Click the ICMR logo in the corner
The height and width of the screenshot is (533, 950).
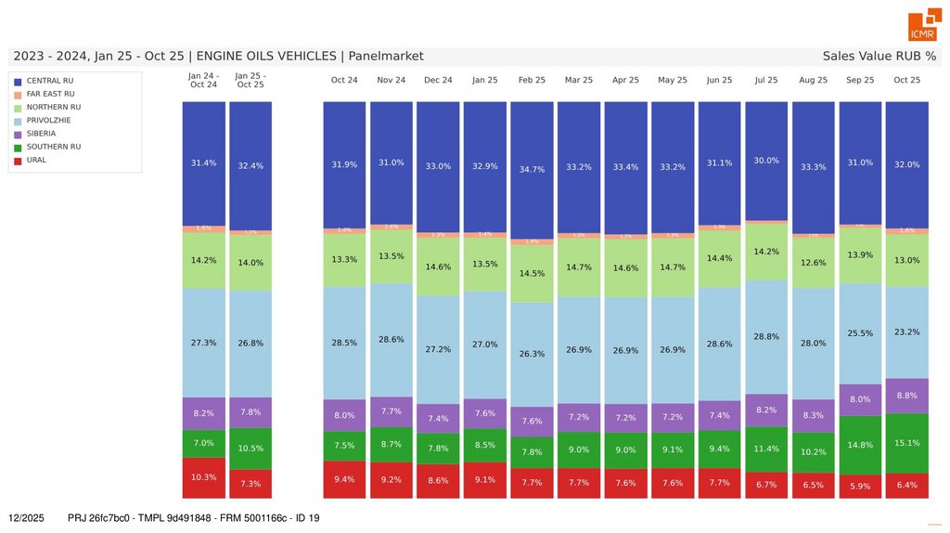(923, 27)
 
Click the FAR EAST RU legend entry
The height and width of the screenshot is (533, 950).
(50, 94)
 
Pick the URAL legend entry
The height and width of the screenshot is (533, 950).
(36, 160)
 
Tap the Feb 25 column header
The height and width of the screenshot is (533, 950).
(532, 80)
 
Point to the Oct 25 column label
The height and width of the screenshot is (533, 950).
(906, 80)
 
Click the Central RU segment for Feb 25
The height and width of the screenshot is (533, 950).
(532, 170)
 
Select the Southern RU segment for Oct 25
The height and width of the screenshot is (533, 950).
(906, 443)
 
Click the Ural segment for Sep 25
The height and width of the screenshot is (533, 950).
(860, 487)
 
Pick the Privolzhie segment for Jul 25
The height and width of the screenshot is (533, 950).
(766, 337)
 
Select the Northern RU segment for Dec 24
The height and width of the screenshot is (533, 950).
(438, 266)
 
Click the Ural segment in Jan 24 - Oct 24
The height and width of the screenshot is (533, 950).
(203, 477)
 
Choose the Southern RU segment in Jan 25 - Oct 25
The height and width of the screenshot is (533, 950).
(250, 448)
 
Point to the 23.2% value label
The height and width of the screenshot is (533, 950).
(906, 331)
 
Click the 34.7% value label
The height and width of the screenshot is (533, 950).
(532, 170)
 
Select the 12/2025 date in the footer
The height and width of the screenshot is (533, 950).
(26, 517)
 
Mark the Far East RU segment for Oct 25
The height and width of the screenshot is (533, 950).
(906, 230)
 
